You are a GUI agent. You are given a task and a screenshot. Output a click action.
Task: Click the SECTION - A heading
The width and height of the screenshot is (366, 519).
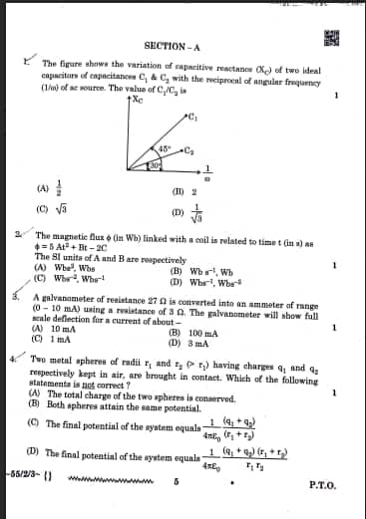172,46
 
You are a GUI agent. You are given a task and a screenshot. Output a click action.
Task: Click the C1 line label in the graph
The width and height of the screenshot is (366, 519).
191,118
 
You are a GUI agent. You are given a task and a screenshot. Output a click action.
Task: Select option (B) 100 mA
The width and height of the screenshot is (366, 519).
191,334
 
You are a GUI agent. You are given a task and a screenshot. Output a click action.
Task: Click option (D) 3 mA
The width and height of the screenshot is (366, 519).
187,344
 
